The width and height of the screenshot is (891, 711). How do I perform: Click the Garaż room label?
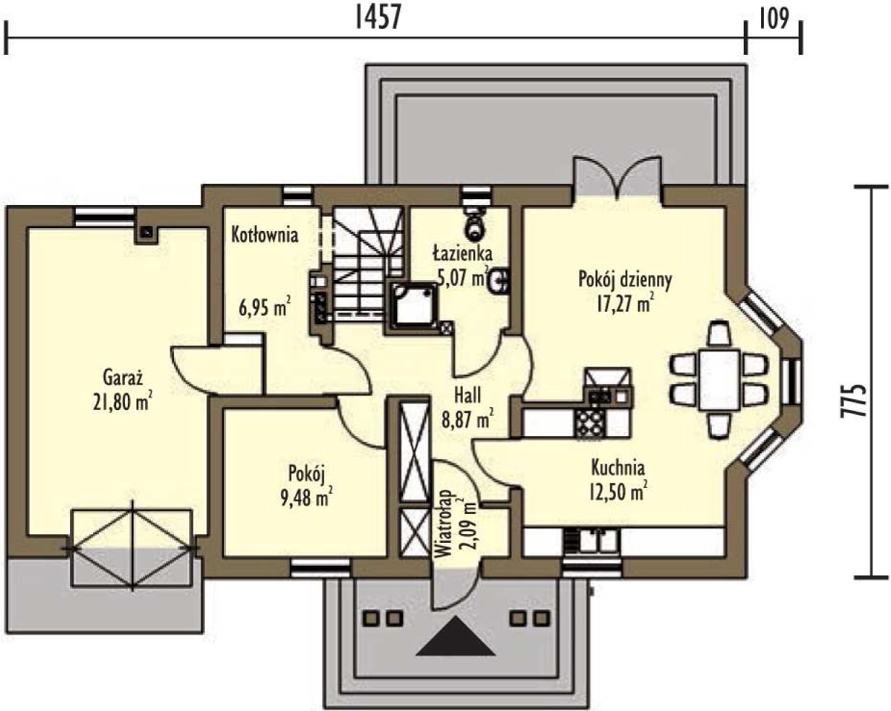[123, 378]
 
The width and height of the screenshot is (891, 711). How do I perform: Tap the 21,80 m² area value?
[122, 401]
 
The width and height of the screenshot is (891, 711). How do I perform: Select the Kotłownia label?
[264, 235]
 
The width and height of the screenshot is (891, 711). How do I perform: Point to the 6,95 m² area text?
[264, 307]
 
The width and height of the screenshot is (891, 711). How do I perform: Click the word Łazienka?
[463, 253]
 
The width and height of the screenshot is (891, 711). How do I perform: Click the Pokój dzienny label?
[625, 280]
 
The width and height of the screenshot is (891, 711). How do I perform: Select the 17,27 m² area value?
[625, 303]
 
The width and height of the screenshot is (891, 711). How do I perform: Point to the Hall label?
[468, 396]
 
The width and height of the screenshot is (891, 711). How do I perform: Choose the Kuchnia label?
[618, 468]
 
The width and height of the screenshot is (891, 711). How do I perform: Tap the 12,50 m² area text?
[619, 492]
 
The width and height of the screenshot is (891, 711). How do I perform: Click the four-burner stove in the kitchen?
[590, 422]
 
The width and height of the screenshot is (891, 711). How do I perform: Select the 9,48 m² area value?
[307, 497]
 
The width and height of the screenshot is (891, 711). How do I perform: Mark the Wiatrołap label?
[444, 524]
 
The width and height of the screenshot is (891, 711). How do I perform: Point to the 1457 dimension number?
[379, 19]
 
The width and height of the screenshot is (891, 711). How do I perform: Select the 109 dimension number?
[774, 19]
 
